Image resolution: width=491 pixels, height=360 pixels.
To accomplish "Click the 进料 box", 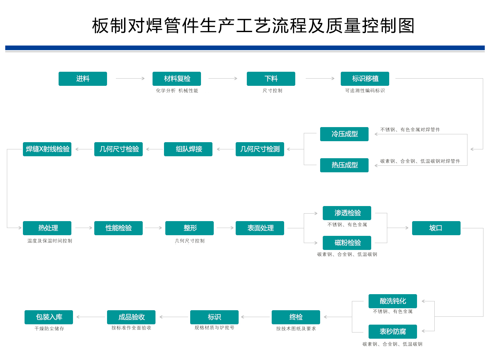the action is click(x=83, y=79).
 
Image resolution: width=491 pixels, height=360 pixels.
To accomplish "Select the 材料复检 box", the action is click(x=177, y=79).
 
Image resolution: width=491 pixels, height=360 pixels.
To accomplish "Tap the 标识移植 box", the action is click(x=365, y=79).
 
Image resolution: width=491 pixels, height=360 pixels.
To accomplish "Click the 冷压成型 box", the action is click(x=345, y=134).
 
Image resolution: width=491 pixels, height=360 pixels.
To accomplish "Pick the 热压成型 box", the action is click(x=345, y=165).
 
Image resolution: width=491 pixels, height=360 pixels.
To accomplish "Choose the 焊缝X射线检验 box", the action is click(x=47, y=149).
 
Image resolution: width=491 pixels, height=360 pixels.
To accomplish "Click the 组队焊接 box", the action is click(x=188, y=149).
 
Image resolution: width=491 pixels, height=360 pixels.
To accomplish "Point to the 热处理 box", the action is click(x=47, y=228).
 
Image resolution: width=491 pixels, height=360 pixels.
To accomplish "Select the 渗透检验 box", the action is click(x=347, y=213).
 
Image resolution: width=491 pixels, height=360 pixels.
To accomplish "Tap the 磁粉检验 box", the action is click(x=347, y=243).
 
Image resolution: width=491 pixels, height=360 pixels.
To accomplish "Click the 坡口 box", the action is click(x=437, y=228).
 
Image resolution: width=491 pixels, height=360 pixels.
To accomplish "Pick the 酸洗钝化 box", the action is click(x=393, y=301).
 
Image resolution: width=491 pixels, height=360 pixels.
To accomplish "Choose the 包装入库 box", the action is click(x=49, y=317).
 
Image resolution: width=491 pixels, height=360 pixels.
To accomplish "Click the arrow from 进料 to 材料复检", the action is click(x=130, y=79).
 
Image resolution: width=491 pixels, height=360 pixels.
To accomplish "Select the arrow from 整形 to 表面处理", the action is click(x=225, y=228).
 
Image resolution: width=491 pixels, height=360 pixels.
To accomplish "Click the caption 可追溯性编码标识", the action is click(x=365, y=91).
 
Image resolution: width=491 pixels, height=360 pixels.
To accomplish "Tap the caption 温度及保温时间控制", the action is click(x=50, y=241).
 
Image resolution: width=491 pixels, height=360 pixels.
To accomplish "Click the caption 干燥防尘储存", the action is click(x=49, y=329).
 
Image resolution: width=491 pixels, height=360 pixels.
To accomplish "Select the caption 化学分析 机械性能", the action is click(x=177, y=91).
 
